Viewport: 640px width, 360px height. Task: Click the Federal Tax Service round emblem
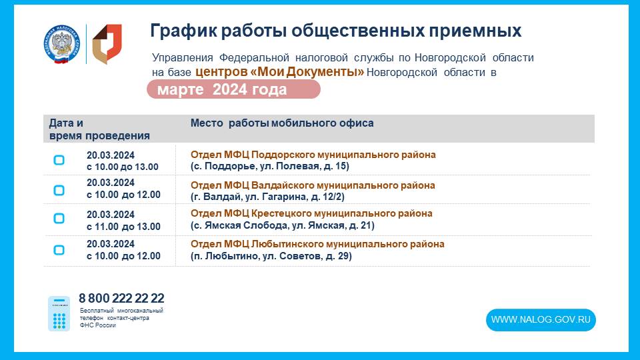point(61,44)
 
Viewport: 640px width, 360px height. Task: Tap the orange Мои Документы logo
point(107,44)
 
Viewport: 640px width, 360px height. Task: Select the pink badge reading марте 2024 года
point(233,89)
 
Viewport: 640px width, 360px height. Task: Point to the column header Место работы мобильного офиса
point(282,123)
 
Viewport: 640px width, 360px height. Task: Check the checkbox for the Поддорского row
point(59,160)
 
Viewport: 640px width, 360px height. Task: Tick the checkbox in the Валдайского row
point(59,190)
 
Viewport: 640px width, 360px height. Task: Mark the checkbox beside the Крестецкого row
point(59,219)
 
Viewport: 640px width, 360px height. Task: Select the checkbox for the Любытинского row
point(59,250)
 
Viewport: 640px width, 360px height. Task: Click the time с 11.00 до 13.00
point(124,227)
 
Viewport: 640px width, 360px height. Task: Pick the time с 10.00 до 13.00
point(123,167)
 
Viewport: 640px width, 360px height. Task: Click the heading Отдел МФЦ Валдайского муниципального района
point(313,185)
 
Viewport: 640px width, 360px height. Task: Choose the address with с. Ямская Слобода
point(283,225)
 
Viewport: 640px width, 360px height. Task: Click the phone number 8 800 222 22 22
point(121,298)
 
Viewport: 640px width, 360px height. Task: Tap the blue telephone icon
point(59,313)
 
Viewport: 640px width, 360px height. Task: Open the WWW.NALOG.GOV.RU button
point(541,319)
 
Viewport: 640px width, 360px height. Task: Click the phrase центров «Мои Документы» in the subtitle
point(279,72)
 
